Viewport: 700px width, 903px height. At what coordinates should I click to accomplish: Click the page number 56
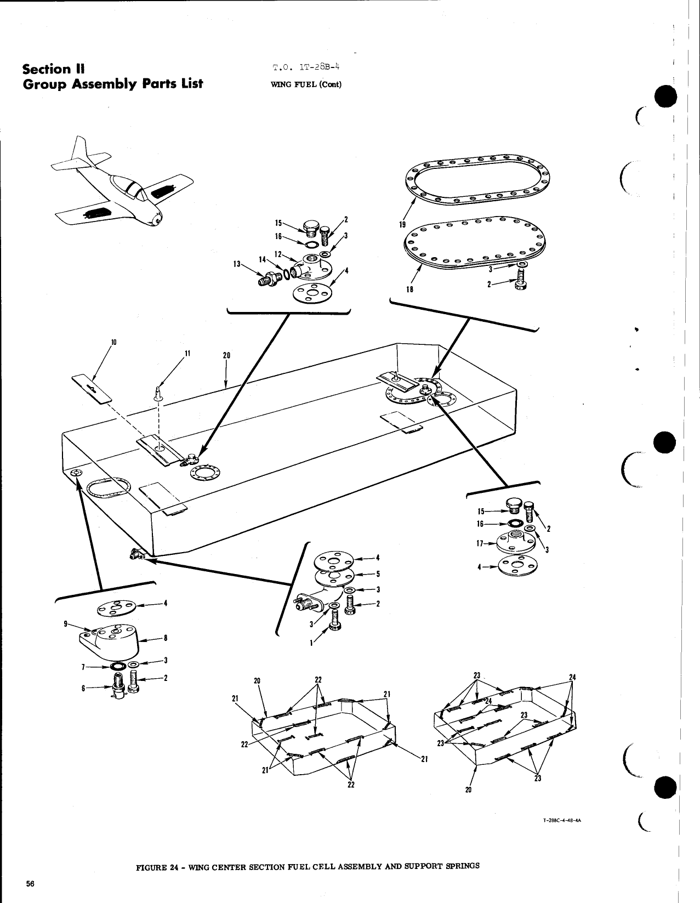pyautogui.click(x=30, y=883)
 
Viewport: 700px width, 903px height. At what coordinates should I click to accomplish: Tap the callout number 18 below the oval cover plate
pyautogui.click(x=409, y=289)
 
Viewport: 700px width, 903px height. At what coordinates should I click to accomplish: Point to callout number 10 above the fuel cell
pyautogui.click(x=113, y=342)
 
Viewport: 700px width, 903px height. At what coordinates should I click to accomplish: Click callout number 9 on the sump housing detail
pyautogui.click(x=66, y=623)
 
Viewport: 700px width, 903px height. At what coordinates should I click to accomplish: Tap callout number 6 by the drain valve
pyautogui.click(x=83, y=688)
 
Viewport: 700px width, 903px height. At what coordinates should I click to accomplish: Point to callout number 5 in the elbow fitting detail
pyautogui.click(x=378, y=574)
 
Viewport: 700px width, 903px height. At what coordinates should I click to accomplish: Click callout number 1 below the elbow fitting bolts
pyautogui.click(x=311, y=644)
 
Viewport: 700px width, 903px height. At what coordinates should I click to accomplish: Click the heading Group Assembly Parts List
pyautogui.click(x=112, y=83)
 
